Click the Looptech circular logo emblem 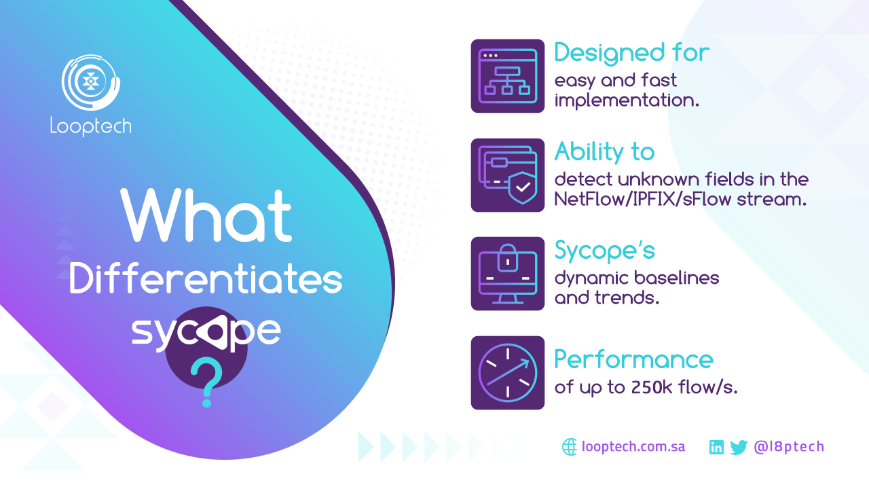click(x=91, y=82)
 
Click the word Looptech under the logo click(x=91, y=126)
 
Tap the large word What click(x=206, y=215)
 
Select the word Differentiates click(x=206, y=278)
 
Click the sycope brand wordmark click(x=206, y=332)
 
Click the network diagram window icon click(x=508, y=76)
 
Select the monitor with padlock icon click(x=508, y=274)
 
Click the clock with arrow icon click(x=508, y=373)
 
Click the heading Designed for click(x=632, y=53)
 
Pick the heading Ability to click(x=604, y=151)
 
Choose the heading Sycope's click(x=604, y=251)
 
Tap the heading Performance click(x=633, y=359)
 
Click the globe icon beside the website click(x=570, y=447)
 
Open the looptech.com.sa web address click(x=633, y=447)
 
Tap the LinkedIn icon click(x=716, y=447)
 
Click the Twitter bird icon click(x=739, y=448)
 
